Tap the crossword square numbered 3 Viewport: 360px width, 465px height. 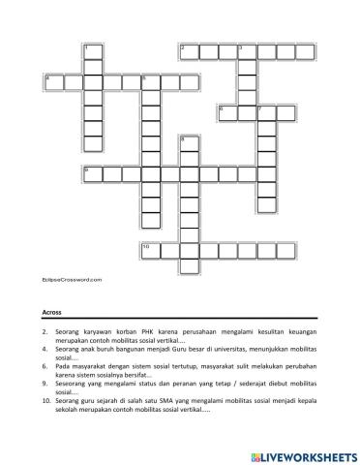click(246, 50)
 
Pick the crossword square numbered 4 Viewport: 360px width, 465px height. click(53, 80)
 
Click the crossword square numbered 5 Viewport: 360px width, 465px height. click(150, 80)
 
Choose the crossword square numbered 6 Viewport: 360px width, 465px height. click(226, 111)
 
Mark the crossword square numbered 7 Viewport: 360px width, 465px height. click(265, 111)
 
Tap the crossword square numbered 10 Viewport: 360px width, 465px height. click(150, 251)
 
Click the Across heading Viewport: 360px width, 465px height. click(53, 312)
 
